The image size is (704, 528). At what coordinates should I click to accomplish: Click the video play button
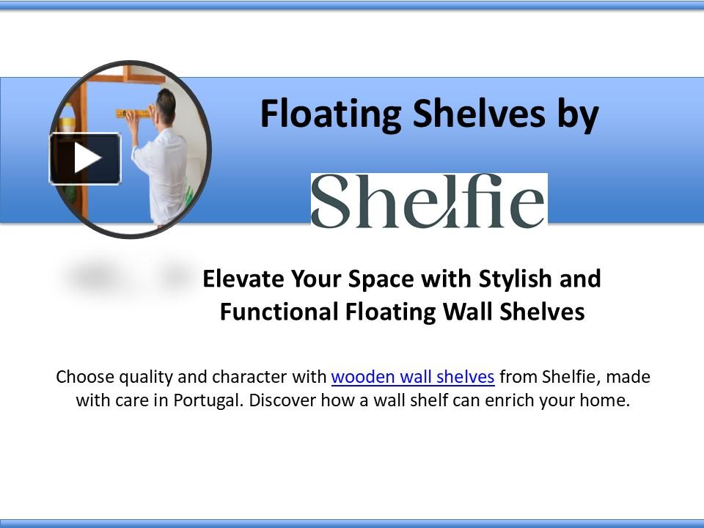85,158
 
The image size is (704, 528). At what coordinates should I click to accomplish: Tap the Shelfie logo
428,201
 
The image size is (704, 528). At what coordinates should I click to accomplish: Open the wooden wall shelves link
413,377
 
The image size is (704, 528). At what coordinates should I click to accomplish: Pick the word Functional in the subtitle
278,312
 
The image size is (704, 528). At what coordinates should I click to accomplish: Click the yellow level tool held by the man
133,113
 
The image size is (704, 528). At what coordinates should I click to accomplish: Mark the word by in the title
580,115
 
